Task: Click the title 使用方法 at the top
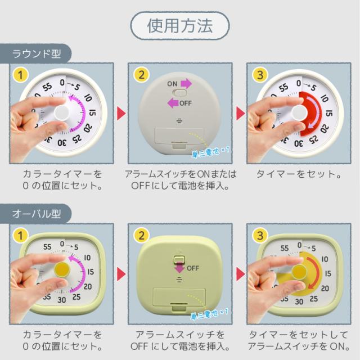pyautogui.click(x=180, y=26)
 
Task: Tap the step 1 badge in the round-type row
pyautogui.click(x=20, y=74)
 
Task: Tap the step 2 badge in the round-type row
pyautogui.click(x=141, y=74)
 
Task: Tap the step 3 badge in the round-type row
pyautogui.click(x=259, y=74)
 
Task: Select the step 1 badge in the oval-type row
pyautogui.click(x=20, y=233)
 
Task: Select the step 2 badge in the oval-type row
pyautogui.click(x=141, y=233)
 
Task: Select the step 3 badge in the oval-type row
pyautogui.click(x=259, y=233)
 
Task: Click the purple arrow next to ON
pyautogui.click(x=186, y=83)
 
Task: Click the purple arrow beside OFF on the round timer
pyautogui.click(x=172, y=102)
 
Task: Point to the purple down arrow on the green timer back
pyautogui.click(x=179, y=268)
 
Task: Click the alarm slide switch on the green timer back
pyautogui.click(x=179, y=259)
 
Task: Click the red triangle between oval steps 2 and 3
pyautogui.click(x=240, y=274)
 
